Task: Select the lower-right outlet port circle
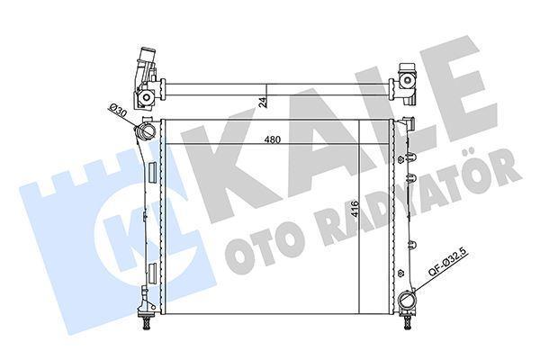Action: pyautogui.click(x=408, y=301)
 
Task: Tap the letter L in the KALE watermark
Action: pyautogui.click(x=396, y=117)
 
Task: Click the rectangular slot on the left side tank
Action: pyautogui.click(x=154, y=270)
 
